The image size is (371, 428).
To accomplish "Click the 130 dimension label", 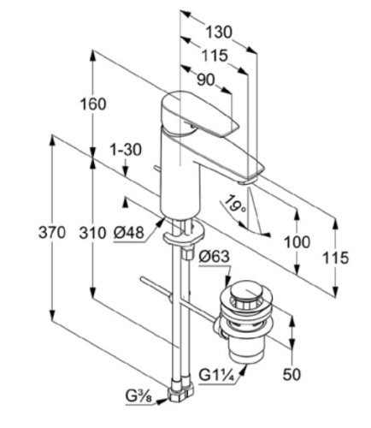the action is coord(219,32).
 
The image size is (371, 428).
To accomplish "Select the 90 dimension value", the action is coord(206,80).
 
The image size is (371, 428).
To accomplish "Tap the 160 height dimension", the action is coord(93,104).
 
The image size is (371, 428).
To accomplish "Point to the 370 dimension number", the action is coord(52,233).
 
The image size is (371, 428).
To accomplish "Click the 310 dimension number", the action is coord(92,233).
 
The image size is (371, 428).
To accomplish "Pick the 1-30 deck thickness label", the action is coord(126,150).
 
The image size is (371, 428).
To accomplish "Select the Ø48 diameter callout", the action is coord(128,233).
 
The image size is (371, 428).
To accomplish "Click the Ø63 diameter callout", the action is coord(214,257).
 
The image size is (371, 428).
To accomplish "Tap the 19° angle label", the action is coord(235,205).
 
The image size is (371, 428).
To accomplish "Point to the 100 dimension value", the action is coord(297,242).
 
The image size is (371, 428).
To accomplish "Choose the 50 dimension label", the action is coord(291,374).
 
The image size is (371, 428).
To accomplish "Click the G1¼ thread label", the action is coord(216,375).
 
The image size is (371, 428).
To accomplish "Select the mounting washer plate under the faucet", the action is coord(184,234).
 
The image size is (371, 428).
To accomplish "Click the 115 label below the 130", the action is coord(215,56).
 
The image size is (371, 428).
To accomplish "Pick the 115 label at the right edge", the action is coord(335,258).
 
